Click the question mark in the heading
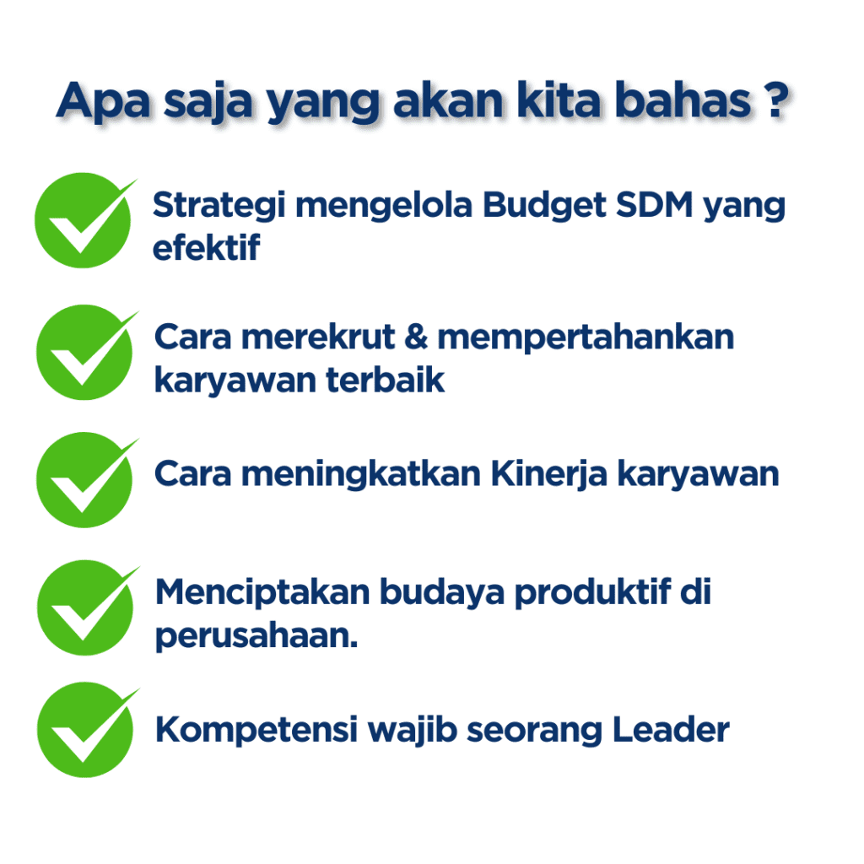(x=776, y=100)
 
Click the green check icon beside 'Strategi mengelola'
(x=85, y=220)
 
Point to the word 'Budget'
(x=544, y=207)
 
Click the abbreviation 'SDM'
(x=654, y=205)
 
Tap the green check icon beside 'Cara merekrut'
(x=87, y=352)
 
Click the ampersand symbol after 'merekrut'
(x=416, y=337)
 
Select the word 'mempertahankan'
(x=586, y=337)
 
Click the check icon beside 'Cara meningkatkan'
(x=87, y=480)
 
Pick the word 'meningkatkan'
(x=361, y=475)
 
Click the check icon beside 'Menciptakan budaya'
(x=88, y=607)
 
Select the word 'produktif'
(x=593, y=594)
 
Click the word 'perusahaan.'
(x=256, y=637)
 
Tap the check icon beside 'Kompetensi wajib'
(x=88, y=730)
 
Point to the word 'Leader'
(x=671, y=730)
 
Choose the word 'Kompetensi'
(x=256, y=731)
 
